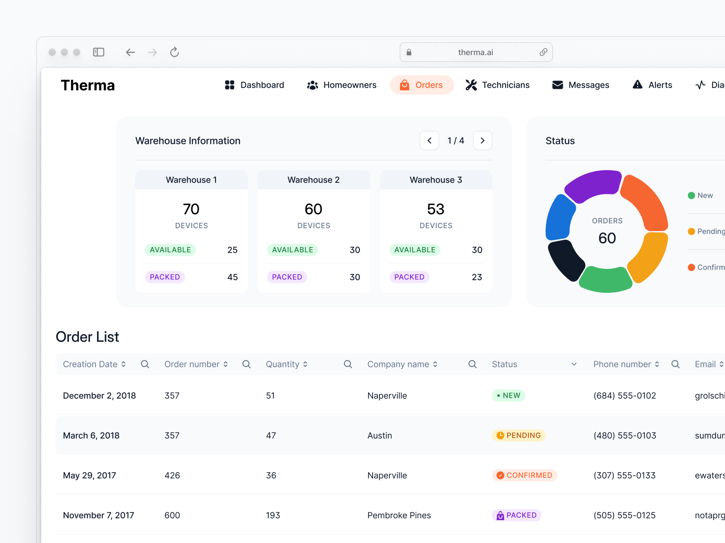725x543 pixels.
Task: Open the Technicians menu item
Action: (x=497, y=85)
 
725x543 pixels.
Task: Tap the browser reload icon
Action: (x=174, y=52)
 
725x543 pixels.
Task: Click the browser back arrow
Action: (x=130, y=52)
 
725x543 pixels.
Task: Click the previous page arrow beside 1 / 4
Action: (x=429, y=141)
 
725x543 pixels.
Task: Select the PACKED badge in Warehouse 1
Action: (x=165, y=277)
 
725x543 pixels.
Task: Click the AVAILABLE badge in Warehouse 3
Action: (x=415, y=250)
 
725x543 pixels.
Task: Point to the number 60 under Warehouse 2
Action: (x=313, y=209)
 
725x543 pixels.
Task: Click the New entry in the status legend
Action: (x=705, y=195)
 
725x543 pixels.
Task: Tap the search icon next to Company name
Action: (x=472, y=364)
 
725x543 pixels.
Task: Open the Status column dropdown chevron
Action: (x=574, y=364)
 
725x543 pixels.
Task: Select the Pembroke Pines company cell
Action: (x=399, y=515)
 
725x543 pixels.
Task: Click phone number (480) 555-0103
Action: (x=624, y=435)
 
